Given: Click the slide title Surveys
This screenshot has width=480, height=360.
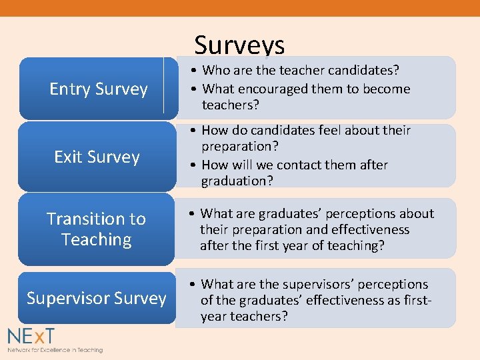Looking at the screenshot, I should coord(239,45).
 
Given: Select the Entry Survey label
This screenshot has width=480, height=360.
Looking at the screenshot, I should coord(99,89).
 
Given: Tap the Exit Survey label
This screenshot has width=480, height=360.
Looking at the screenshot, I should coord(97,157).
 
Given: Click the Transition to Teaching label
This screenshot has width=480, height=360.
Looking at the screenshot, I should coord(96,229).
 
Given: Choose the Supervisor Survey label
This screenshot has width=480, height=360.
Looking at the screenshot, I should coord(97,298).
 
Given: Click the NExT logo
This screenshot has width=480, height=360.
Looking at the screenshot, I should coord(31,336).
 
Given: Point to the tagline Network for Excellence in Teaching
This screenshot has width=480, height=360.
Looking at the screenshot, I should coord(55,350).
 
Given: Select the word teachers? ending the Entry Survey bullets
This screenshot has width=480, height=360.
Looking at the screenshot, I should coord(231,105).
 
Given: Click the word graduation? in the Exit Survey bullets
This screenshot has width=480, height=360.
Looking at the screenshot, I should coord(237,181).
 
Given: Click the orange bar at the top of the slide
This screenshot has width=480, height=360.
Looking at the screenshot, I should coord(240,7).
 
